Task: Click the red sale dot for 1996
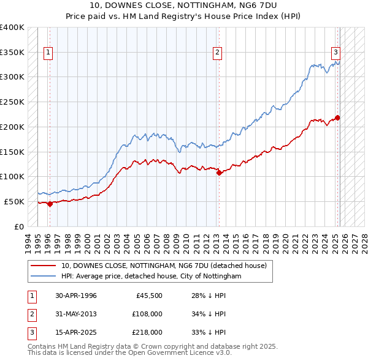pyautogui.click(x=50, y=204)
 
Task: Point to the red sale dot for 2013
pyautogui.click(x=219, y=173)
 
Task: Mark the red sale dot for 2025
pyautogui.click(x=337, y=117)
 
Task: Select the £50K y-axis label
pyautogui.click(x=14, y=201)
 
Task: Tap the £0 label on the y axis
pyautogui.click(x=19, y=226)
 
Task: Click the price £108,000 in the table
pyautogui.click(x=147, y=314)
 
